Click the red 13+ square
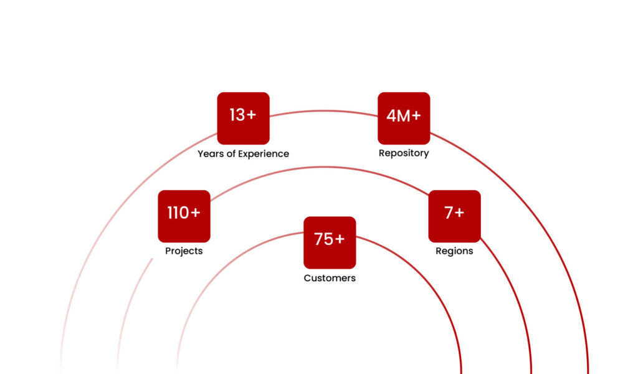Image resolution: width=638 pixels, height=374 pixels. tap(243, 118)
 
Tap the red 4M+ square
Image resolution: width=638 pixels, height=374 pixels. tap(404, 118)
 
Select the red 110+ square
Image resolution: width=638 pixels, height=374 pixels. tap(184, 216)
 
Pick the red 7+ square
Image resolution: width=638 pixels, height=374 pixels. tap(454, 216)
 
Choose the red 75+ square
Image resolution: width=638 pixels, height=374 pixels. tap(330, 242)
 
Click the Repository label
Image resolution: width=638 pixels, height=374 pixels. tap(404, 153)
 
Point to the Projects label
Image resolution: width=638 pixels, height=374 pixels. tap(184, 251)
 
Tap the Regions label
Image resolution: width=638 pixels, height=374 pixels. tap(454, 251)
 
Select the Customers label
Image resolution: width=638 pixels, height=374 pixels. tap(330, 278)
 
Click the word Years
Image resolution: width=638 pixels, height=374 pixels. tap(211, 153)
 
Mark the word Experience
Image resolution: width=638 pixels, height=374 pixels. tap(264, 153)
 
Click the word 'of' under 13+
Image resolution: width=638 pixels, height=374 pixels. tap(231, 153)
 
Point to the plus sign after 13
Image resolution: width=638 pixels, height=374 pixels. tap(250, 115)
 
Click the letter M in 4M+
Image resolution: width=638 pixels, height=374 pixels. tap(403, 115)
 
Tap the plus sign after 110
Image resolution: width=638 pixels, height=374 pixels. tap(194, 213)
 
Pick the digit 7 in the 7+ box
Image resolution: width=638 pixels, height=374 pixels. tap(449, 213)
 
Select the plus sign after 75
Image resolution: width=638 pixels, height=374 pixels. tap(339, 239)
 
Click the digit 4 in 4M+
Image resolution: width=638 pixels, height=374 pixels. tap(391, 115)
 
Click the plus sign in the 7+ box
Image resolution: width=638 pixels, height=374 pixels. tap(459, 213)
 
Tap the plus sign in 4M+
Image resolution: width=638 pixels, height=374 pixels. tap(416, 116)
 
